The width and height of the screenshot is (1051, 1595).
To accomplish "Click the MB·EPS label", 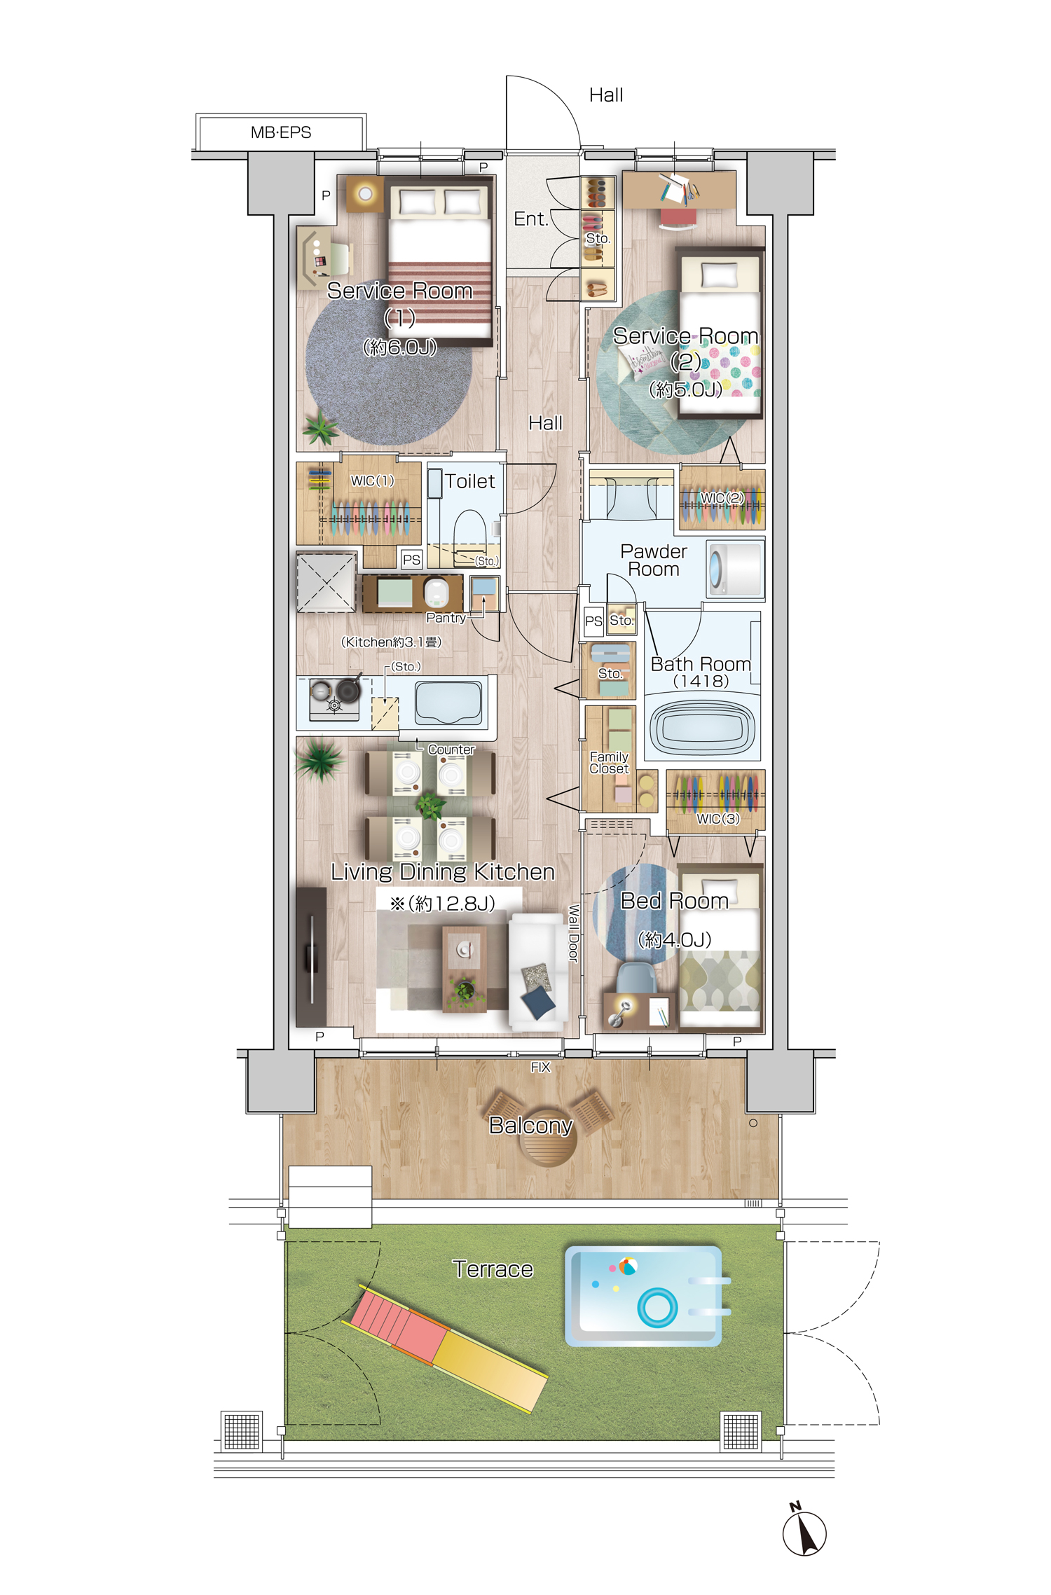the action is [280, 132].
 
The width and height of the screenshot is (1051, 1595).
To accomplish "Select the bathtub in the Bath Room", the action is [702, 729].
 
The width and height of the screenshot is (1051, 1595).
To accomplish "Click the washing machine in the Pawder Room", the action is [734, 569].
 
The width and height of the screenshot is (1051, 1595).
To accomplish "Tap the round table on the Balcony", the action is [549, 1140].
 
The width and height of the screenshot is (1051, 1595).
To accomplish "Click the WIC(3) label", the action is [717, 819].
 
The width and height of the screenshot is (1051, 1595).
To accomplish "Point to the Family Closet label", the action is [609, 762].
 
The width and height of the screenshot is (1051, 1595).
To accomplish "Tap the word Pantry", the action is [446, 618].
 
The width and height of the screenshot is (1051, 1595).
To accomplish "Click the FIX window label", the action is [540, 1068].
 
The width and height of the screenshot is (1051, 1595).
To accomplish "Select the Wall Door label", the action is [573, 933].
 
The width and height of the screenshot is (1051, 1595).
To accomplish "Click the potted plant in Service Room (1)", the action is [320, 427].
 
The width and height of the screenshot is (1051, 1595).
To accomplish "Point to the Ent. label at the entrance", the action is [530, 219].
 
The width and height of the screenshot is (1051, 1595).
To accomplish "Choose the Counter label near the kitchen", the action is [451, 750].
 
